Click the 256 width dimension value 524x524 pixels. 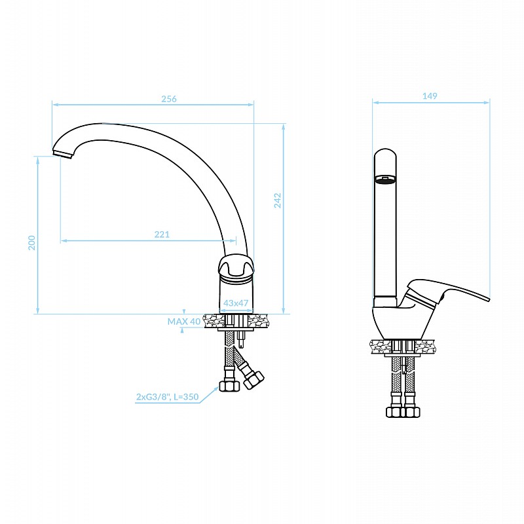point(169,99)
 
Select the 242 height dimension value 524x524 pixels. point(277,200)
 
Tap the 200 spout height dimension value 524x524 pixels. point(31,242)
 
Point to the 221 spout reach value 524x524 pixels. point(162,234)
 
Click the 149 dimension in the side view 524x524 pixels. point(430,96)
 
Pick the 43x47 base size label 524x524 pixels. point(236,303)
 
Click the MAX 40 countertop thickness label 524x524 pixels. point(184,322)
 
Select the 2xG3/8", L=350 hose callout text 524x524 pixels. point(167,397)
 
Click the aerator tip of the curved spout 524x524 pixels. point(63,155)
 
